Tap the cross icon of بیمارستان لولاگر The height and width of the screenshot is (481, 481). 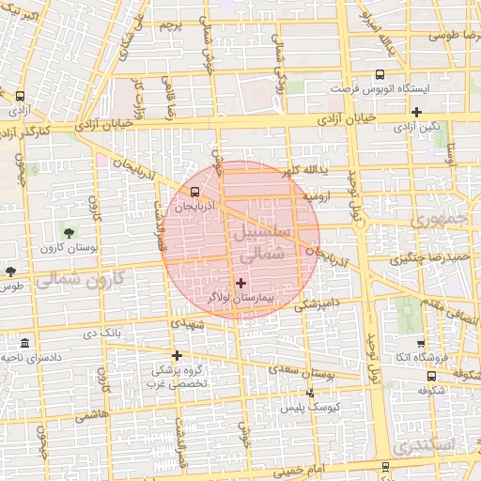pos(241,282)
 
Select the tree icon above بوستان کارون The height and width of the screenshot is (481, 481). pos(68,231)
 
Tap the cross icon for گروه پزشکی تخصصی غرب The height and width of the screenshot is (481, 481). pos(177,355)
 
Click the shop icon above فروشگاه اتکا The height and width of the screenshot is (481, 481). pos(420,343)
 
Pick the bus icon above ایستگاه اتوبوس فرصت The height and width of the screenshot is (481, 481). pos(380,74)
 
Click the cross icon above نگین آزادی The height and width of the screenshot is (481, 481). pos(415,111)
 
